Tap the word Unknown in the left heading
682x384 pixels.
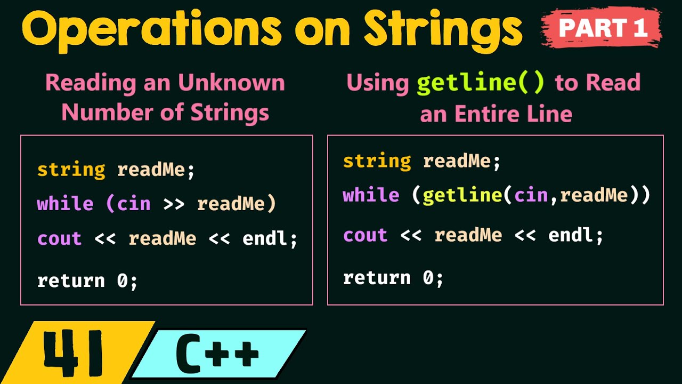(231, 83)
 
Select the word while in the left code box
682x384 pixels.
(65, 204)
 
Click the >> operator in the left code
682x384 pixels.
(174, 204)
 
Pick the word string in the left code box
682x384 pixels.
(71, 170)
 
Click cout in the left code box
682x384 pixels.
(59, 238)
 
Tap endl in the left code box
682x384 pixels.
(264, 238)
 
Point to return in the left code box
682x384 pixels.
(71, 281)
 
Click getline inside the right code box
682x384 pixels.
(462, 196)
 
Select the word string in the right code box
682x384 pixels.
(377, 161)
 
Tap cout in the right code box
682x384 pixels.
(365, 235)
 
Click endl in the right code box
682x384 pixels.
(570, 235)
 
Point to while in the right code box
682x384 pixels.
(371, 195)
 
